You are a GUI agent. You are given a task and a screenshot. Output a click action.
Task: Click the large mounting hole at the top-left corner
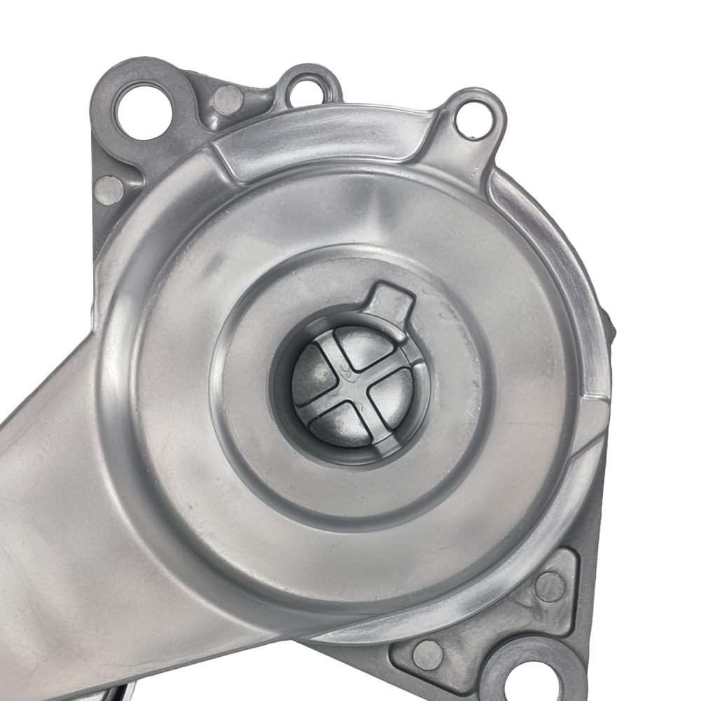[144, 110]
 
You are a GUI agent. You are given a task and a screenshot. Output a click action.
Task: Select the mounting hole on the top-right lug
[474, 120]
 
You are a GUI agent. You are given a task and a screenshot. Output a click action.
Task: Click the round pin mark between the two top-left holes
[227, 100]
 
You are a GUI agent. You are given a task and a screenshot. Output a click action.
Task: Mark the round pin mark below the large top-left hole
[109, 190]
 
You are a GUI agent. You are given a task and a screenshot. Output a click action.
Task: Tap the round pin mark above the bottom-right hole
[550, 586]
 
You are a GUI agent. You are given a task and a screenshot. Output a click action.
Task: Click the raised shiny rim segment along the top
[322, 137]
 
